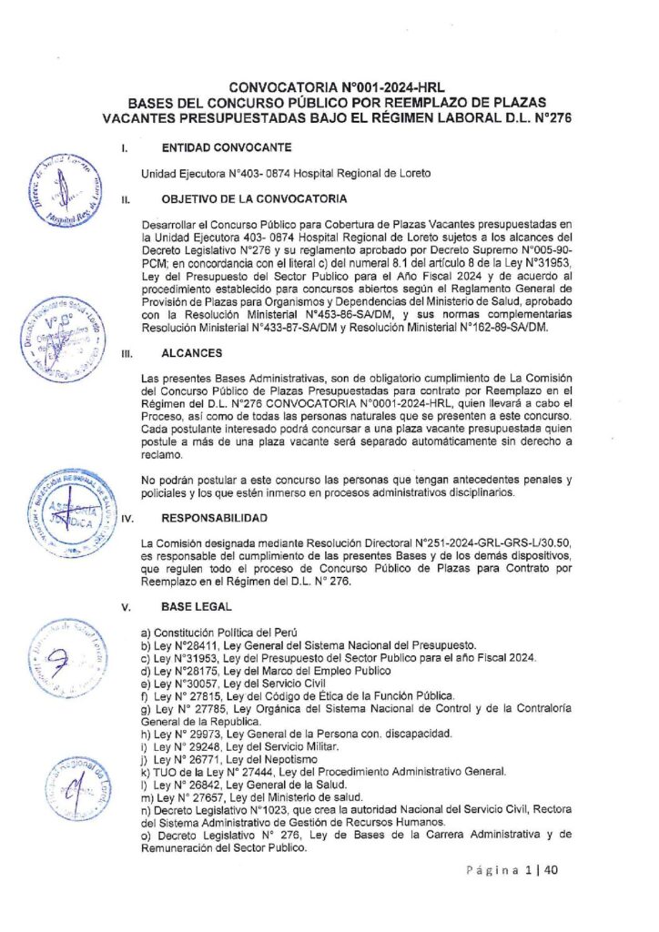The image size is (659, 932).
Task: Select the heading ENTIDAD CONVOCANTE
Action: [x=226, y=147]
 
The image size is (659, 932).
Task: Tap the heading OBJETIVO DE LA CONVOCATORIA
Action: [x=252, y=198]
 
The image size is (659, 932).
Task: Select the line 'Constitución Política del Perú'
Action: [x=221, y=632]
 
